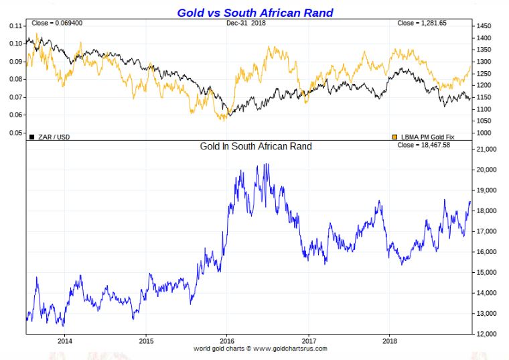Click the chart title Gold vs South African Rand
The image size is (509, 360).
[x=254, y=13]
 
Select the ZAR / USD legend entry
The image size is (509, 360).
[x=53, y=137]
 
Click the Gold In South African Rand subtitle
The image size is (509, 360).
[x=256, y=146]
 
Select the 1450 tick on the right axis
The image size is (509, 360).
[x=485, y=25]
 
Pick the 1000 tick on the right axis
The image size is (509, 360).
[x=485, y=133]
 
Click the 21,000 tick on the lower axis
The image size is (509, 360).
[x=487, y=149]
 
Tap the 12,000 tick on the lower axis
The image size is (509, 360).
[x=487, y=334]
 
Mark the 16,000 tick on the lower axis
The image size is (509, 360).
[x=487, y=252]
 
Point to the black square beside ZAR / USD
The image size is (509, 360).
[x=31, y=137]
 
